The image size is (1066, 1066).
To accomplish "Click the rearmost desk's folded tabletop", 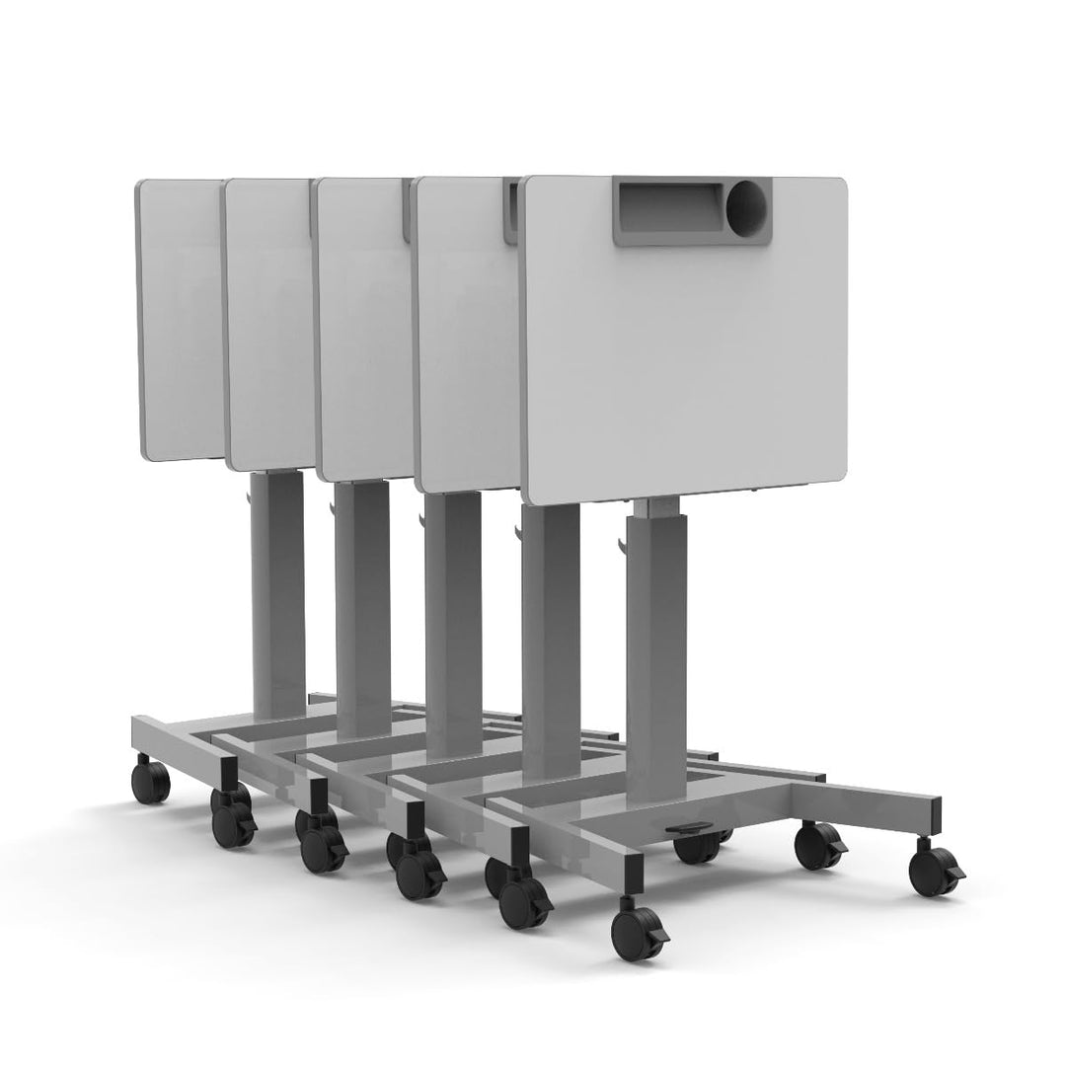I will point(178,316).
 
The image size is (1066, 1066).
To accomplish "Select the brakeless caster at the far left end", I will point(152,780).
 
